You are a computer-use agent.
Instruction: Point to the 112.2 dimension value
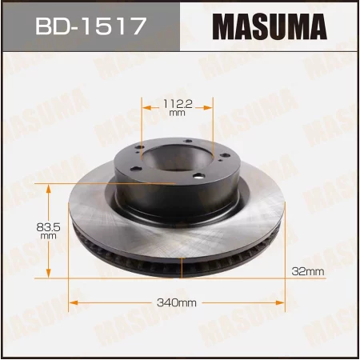point(177,102)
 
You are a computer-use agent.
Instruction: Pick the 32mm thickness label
point(309,273)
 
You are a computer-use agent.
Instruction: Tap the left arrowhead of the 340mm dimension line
point(75,303)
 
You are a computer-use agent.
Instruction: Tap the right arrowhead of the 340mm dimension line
point(283,303)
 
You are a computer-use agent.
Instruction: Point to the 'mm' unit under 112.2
point(177,114)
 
